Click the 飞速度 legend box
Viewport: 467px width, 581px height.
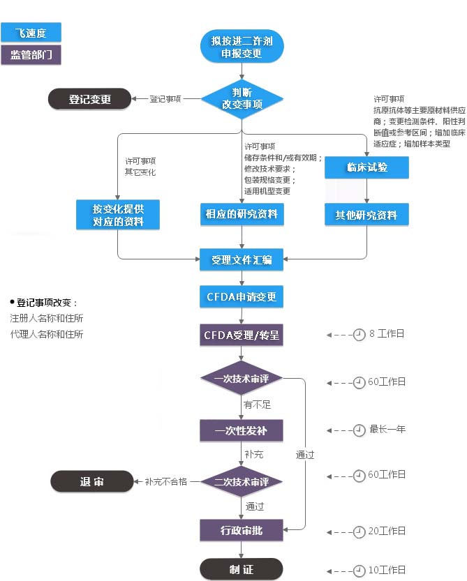click(x=31, y=32)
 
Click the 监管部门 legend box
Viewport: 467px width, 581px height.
click(x=31, y=55)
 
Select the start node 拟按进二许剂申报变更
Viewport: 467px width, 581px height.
click(x=242, y=45)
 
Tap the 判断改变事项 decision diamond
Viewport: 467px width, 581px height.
click(x=242, y=98)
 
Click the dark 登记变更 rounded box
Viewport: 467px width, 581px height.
click(x=89, y=99)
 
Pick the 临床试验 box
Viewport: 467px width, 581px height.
click(x=366, y=167)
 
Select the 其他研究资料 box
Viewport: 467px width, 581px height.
click(x=366, y=214)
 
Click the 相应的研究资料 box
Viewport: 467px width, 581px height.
click(x=242, y=213)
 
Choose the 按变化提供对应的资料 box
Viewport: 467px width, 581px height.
click(x=118, y=215)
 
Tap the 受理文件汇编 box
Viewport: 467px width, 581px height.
click(x=242, y=260)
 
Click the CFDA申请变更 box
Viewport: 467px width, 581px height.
click(x=242, y=297)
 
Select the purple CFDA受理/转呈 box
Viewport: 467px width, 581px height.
click(x=242, y=335)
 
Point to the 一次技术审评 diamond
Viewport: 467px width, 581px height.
click(x=242, y=379)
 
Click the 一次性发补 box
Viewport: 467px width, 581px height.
click(x=242, y=430)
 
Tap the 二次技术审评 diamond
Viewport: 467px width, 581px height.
click(x=242, y=481)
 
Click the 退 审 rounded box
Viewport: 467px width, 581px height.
click(x=91, y=481)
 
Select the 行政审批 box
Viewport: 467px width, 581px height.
click(x=242, y=530)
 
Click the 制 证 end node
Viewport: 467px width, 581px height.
click(x=242, y=569)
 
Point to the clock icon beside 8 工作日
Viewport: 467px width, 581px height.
click(x=359, y=335)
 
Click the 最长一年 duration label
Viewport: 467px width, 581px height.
click(x=387, y=430)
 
